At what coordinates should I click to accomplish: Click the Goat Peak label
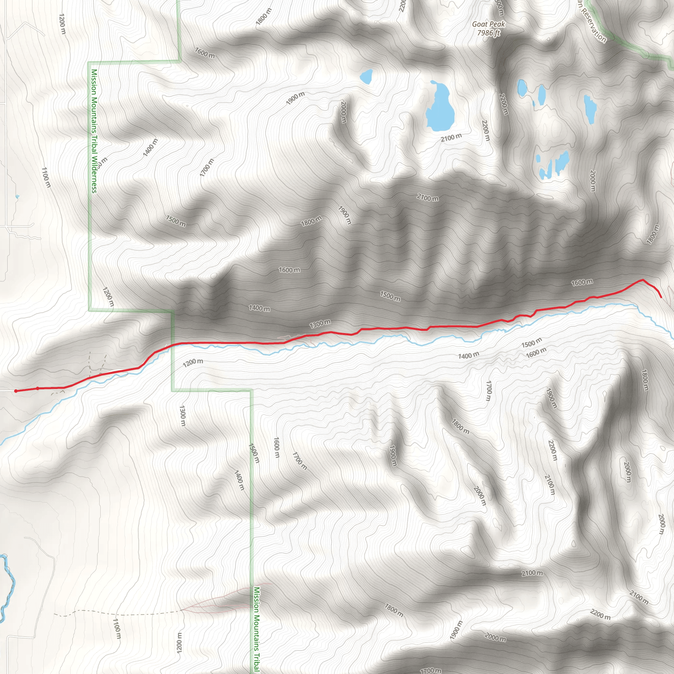(488, 24)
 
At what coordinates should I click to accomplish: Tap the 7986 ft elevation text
(488, 33)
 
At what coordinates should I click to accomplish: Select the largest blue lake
(440, 108)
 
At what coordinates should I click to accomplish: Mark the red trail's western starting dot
(16, 391)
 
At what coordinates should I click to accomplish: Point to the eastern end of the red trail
(661, 297)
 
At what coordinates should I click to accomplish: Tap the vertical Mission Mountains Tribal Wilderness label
(94, 131)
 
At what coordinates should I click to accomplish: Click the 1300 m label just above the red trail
(320, 324)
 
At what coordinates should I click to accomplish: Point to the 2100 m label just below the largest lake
(451, 138)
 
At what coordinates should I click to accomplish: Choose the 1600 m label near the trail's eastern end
(582, 283)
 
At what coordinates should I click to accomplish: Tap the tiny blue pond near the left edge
(17, 197)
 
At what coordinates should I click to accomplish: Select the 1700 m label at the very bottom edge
(431, 670)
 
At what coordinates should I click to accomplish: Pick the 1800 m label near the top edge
(263, 16)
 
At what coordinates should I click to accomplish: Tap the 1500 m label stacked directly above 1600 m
(532, 343)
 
